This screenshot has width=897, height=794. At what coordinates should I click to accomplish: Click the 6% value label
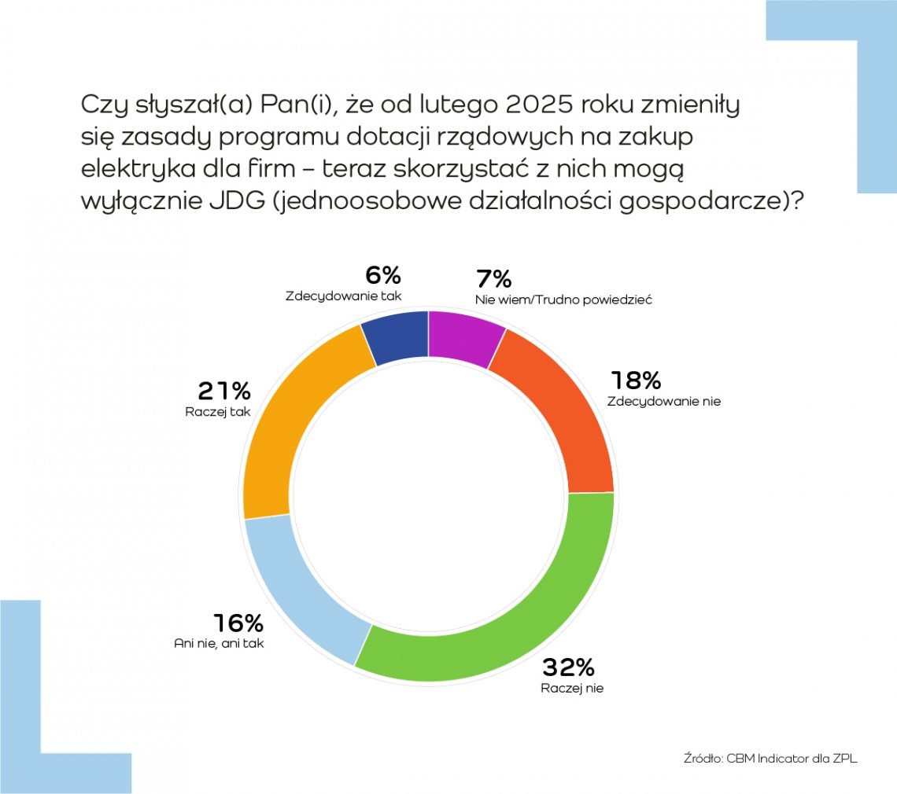click(x=383, y=276)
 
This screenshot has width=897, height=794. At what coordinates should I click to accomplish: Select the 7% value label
click(x=494, y=279)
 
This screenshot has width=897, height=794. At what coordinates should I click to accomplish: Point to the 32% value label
click(x=567, y=668)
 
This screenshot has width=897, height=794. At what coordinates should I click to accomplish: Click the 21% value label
click(x=224, y=391)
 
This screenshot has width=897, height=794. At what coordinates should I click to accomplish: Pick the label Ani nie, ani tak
click(x=219, y=643)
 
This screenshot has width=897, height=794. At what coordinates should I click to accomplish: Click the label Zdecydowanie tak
click(x=343, y=296)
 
